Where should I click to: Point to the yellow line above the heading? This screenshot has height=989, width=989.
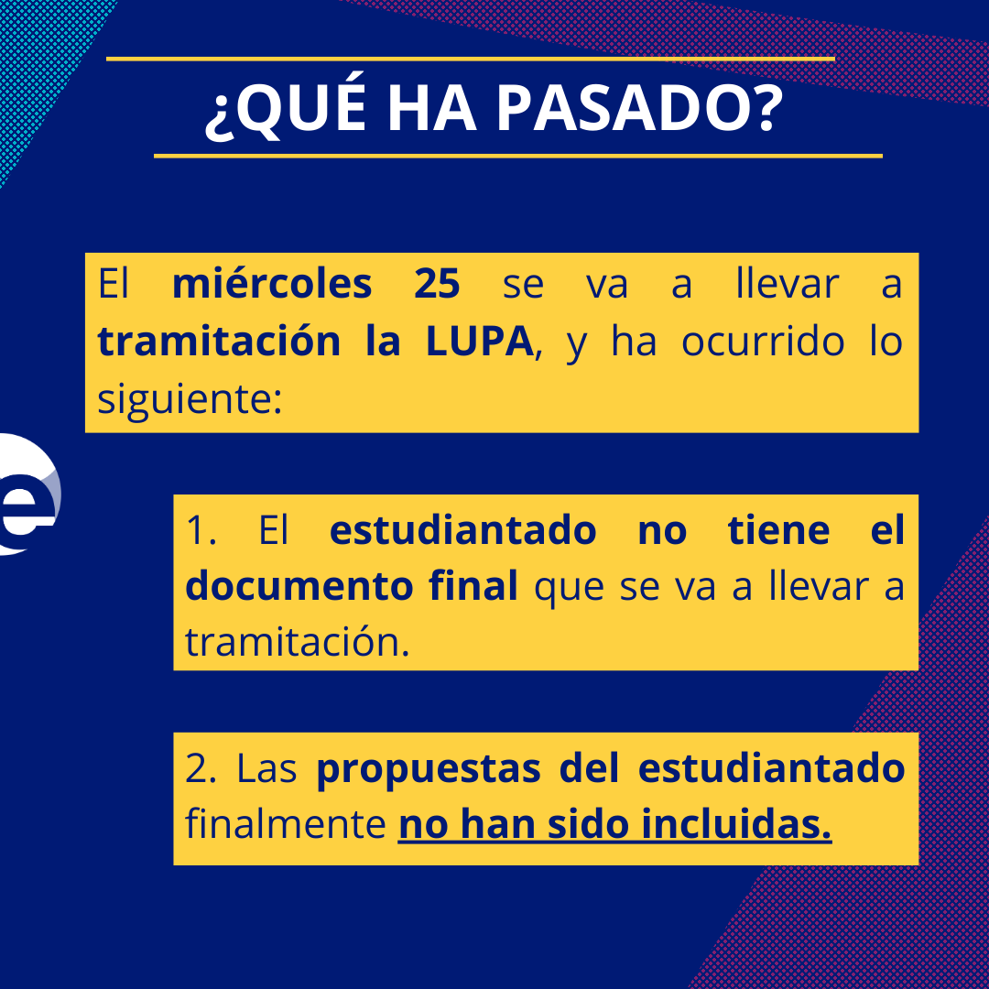(471, 59)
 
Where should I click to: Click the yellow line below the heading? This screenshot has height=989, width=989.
(517, 156)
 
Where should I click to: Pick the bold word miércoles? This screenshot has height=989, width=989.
(272, 284)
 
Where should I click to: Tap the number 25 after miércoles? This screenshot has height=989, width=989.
(437, 284)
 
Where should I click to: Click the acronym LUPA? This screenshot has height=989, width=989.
(479, 342)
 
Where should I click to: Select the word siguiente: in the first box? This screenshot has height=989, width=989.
(189, 399)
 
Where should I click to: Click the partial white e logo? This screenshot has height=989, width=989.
(27, 494)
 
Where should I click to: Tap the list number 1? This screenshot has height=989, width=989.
(200, 531)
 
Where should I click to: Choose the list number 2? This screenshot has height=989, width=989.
(200, 769)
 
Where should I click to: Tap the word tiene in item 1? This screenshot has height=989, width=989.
(779, 531)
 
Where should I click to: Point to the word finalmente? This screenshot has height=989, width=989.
(285, 825)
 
